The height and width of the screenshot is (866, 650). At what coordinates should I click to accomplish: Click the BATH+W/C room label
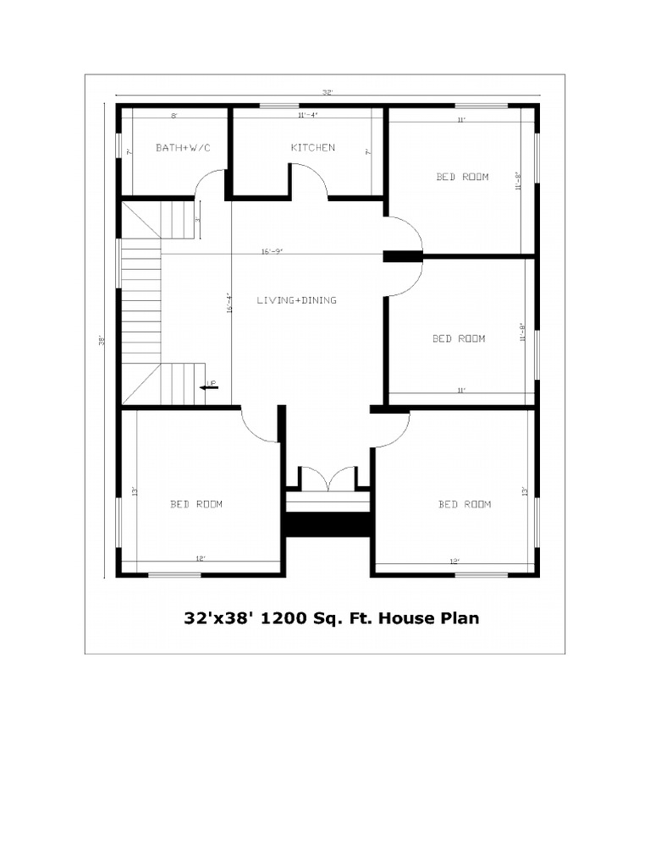(183, 148)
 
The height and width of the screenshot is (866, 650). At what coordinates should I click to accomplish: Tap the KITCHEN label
(312, 148)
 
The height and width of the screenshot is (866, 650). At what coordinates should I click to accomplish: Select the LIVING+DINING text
(296, 300)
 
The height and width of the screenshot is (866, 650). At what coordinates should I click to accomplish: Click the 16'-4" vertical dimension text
(229, 304)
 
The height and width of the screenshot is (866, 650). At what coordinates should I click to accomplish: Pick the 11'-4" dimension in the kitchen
(307, 115)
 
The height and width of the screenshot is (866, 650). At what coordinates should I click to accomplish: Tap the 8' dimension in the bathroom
(174, 115)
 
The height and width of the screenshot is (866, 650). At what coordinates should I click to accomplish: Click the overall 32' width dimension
(327, 92)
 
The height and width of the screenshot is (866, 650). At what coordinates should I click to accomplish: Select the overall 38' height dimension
(102, 341)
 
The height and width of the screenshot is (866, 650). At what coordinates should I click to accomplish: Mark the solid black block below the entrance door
(328, 524)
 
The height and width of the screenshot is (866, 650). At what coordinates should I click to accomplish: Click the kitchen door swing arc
(310, 181)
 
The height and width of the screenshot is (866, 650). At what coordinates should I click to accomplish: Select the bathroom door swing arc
(210, 182)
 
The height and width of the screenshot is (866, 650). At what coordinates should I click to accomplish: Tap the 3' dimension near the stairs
(197, 219)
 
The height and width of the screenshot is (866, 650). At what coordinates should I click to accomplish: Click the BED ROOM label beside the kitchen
(462, 177)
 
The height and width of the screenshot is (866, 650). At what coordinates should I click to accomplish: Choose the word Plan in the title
(460, 618)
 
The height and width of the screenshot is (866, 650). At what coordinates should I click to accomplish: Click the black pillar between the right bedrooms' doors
(402, 256)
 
